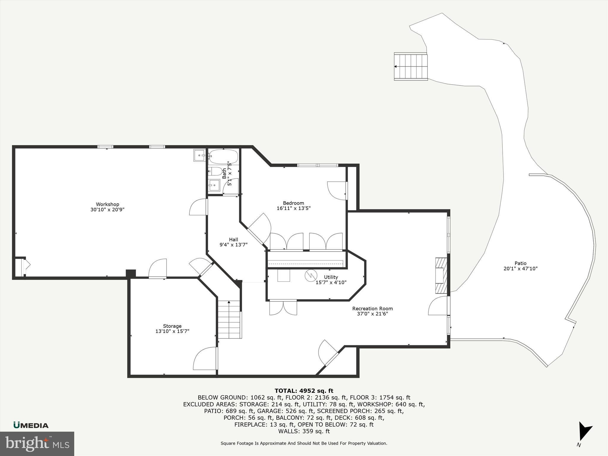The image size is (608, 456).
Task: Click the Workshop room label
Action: (x=107, y=204)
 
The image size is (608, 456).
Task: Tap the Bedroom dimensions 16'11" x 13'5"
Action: (x=293, y=208)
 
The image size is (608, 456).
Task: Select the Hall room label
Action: (x=233, y=240)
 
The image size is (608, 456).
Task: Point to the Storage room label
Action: (x=172, y=326)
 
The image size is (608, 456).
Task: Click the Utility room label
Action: (x=331, y=277)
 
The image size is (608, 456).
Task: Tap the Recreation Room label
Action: (x=372, y=308)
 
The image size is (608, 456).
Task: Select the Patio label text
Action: (x=520, y=263)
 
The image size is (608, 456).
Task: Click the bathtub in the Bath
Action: (x=223, y=156)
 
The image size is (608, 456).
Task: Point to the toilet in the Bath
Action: (x=214, y=171)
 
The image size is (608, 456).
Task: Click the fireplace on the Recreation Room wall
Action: (x=441, y=275)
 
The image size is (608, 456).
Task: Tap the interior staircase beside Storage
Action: (x=229, y=319)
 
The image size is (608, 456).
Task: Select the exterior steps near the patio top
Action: (x=411, y=66)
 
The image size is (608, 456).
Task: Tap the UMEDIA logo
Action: (x=31, y=425)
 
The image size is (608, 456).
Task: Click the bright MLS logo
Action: (x=37, y=444)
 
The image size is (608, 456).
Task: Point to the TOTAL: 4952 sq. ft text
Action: (x=304, y=391)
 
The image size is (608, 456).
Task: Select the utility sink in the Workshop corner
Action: (x=199, y=155)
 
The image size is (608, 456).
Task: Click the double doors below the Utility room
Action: (x=283, y=308)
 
